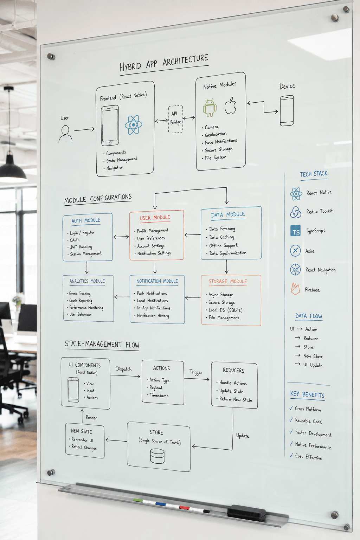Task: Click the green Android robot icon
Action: tap(210, 108)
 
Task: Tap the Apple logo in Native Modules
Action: tap(230, 105)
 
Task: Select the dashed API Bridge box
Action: tap(175, 119)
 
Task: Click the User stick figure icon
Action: tap(65, 134)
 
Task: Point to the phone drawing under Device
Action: tap(287, 111)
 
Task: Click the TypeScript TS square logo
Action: tap(295, 231)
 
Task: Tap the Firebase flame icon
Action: tap(295, 289)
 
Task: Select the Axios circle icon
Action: tap(295, 250)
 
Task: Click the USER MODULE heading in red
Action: tap(155, 218)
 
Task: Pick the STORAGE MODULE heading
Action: tap(228, 281)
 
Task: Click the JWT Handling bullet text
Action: tap(81, 247)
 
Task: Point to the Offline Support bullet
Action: tap(223, 246)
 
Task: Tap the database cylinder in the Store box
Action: tap(157, 456)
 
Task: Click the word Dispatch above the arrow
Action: tap(124, 369)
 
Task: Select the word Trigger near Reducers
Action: tap(196, 372)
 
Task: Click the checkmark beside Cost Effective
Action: tap(291, 455)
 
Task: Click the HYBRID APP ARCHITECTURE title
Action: tap(164, 63)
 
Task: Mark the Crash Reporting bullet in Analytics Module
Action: tap(81, 301)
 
